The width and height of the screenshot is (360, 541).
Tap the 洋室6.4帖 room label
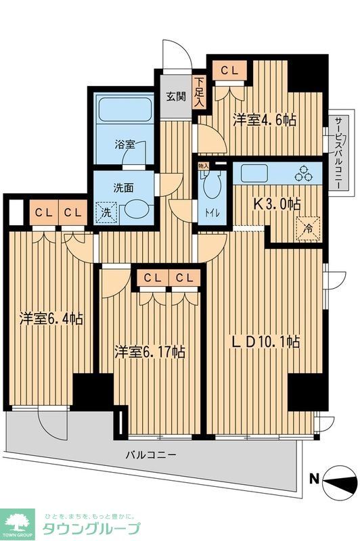[51, 318]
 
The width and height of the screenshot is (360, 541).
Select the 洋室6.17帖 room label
[150, 352]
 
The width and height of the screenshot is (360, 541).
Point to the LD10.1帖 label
[264, 342]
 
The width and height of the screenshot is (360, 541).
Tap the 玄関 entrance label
[176, 96]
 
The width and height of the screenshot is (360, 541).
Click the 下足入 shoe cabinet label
[199, 93]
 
